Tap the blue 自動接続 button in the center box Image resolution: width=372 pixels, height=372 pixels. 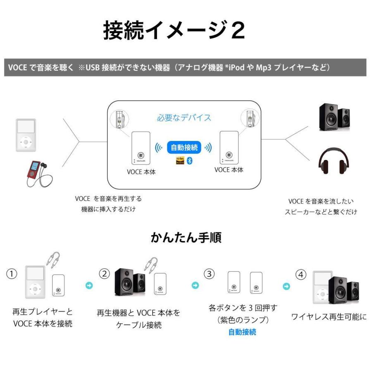[184, 147]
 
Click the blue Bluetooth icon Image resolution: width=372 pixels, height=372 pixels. [190, 161]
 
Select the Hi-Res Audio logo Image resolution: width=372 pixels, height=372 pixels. [180, 161]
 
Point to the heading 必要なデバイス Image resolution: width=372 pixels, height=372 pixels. [184, 118]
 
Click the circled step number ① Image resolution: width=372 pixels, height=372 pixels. [13, 274]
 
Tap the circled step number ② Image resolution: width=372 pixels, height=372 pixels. [105, 274]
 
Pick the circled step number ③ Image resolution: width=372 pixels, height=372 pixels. [210, 274]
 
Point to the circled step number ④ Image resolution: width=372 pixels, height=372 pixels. [301, 274]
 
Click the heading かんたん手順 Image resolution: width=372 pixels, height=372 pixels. [186, 237]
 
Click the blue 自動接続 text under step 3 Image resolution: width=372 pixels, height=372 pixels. [242, 332]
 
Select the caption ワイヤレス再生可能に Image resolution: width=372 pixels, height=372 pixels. [329, 317]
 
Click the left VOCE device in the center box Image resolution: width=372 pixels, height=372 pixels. [141, 148]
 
